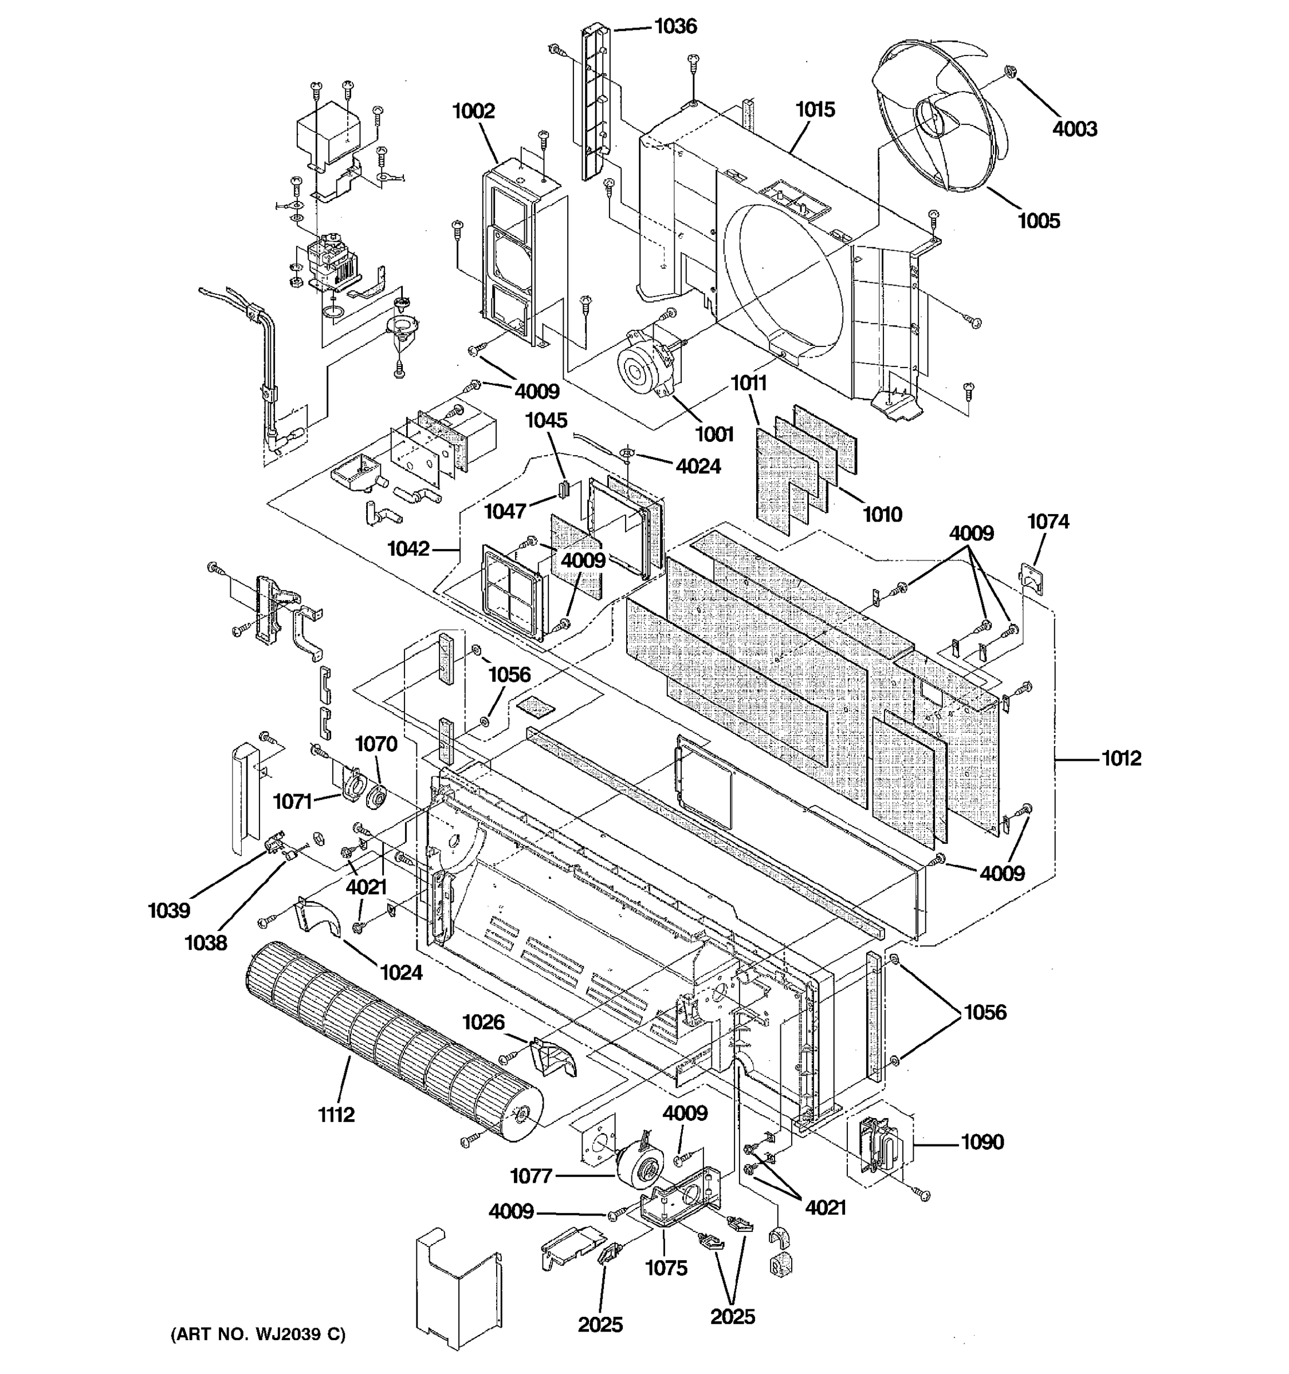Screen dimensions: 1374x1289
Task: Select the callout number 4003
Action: click(x=1075, y=129)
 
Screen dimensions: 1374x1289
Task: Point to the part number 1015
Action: click(x=815, y=109)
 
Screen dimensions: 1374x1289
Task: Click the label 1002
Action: click(x=474, y=110)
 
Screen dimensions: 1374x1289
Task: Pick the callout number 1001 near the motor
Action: click(x=714, y=434)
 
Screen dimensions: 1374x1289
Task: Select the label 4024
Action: click(x=698, y=467)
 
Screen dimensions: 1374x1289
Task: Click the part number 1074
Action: click(x=1048, y=522)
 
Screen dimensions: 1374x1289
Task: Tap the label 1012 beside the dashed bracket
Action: click(x=1121, y=758)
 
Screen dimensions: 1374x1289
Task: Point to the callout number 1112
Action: click(x=336, y=1115)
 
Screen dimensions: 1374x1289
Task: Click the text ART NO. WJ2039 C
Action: click(x=258, y=1334)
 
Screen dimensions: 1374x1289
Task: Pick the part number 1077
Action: click(x=531, y=1176)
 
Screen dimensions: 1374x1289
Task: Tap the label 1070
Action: click(x=376, y=744)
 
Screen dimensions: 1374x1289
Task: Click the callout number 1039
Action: click(x=169, y=911)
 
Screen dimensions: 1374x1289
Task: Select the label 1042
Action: click(x=408, y=549)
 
